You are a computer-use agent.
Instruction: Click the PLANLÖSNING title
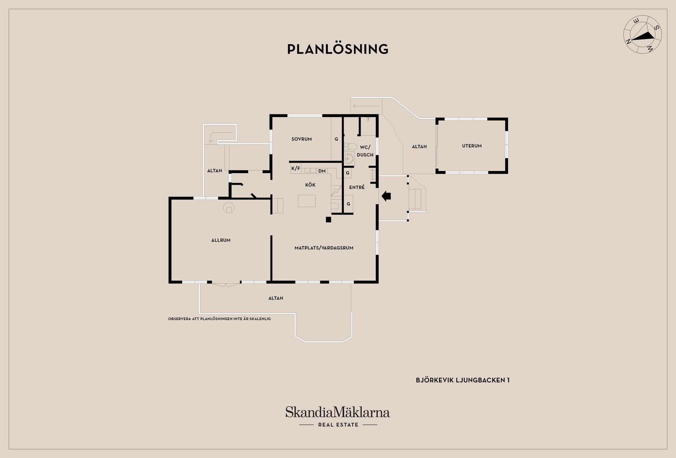click(x=338, y=49)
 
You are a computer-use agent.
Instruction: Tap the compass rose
click(x=643, y=34)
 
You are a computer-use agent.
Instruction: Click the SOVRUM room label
click(x=302, y=139)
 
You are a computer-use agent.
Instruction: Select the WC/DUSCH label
click(x=365, y=151)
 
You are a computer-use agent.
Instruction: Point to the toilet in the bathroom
click(x=351, y=146)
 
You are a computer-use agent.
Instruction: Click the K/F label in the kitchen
click(x=296, y=168)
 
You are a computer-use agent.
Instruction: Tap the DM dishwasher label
click(x=322, y=171)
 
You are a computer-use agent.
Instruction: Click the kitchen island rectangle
click(x=307, y=201)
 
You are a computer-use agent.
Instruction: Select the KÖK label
click(x=310, y=185)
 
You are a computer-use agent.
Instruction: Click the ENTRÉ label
click(x=357, y=187)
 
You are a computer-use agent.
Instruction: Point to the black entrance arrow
click(x=386, y=196)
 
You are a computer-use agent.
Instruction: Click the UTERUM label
click(x=472, y=146)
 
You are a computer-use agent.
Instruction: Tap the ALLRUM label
click(x=221, y=240)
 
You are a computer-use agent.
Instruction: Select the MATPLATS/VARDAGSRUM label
click(x=324, y=248)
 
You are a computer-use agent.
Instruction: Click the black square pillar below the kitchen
click(x=328, y=220)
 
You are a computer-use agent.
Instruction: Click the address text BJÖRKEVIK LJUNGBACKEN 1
click(x=463, y=380)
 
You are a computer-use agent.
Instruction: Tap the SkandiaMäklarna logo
click(x=338, y=417)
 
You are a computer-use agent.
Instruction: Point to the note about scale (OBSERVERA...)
click(x=219, y=319)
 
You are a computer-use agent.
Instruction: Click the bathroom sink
click(x=349, y=159)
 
